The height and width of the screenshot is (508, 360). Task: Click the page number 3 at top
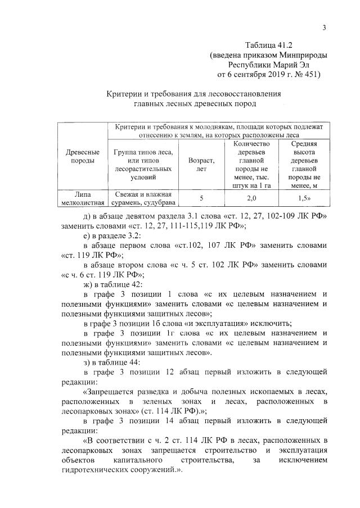coord(325,29)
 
